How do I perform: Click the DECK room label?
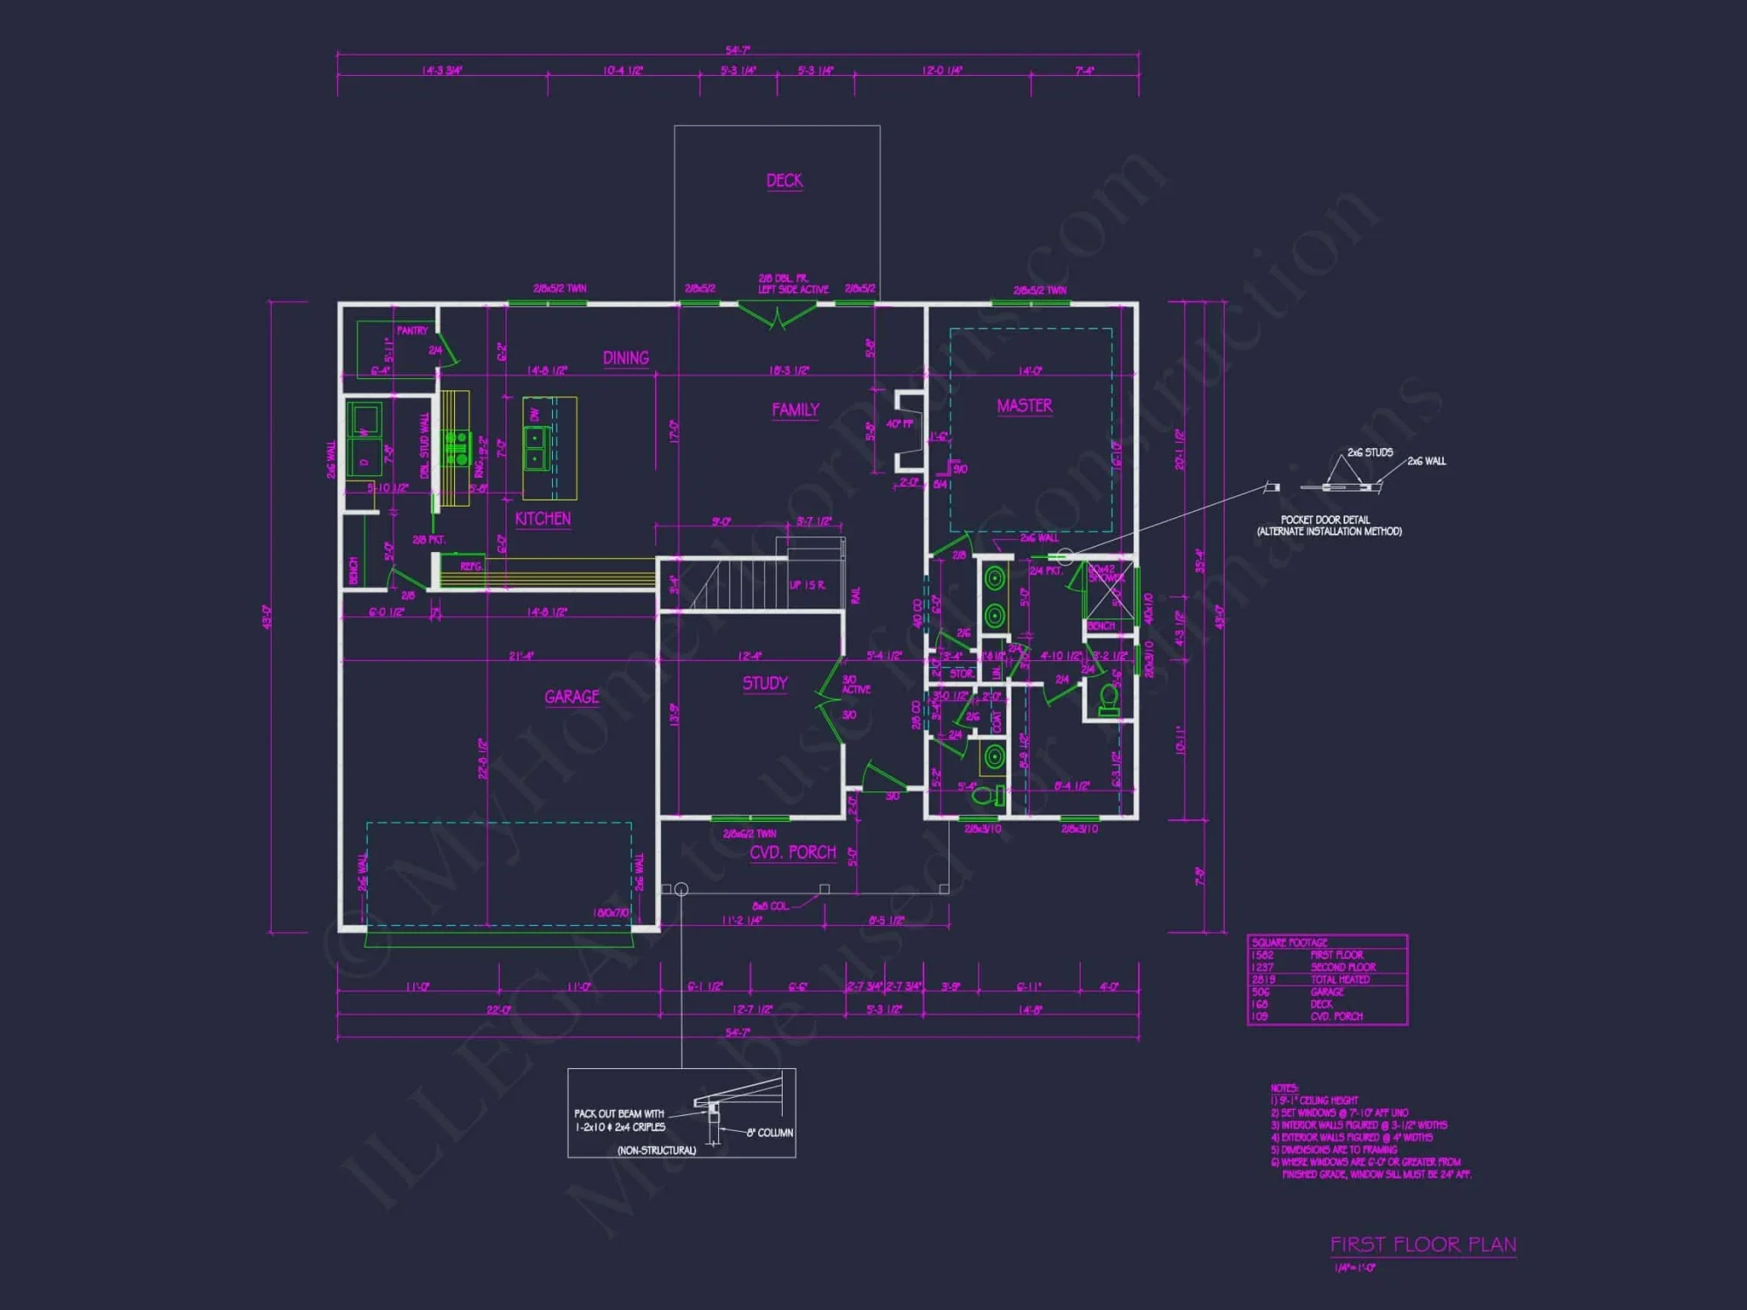tap(784, 181)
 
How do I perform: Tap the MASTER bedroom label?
tap(1024, 406)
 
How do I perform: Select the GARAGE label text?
tap(571, 697)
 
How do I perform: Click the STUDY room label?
tap(764, 684)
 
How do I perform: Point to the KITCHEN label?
tap(542, 519)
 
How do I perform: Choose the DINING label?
tap(625, 358)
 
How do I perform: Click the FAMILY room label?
tap(795, 410)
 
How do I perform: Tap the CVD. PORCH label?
tap(792, 852)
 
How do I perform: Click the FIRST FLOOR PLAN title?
tap(1423, 1244)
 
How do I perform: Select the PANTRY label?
tap(411, 331)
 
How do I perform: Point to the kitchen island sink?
tap(535, 447)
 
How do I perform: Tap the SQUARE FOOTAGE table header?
tap(1289, 942)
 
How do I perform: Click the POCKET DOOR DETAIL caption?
tap(1328, 525)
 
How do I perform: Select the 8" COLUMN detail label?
tap(770, 1133)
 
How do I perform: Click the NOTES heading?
tap(1284, 1088)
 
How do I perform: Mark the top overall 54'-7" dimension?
tap(737, 50)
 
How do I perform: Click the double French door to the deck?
tap(777, 314)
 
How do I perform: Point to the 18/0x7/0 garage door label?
tap(611, 914)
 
